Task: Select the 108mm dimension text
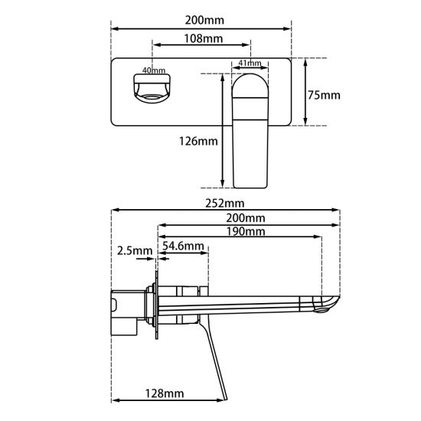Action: (203, 38)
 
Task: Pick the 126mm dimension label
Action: (198, 141)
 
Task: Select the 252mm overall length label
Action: (224, 203)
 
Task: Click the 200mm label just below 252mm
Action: (246, 218)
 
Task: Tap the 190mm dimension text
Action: (246, 232)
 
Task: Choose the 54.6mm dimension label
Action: (184, 246)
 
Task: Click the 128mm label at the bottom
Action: (165, 393)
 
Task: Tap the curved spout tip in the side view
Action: (328, 304)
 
